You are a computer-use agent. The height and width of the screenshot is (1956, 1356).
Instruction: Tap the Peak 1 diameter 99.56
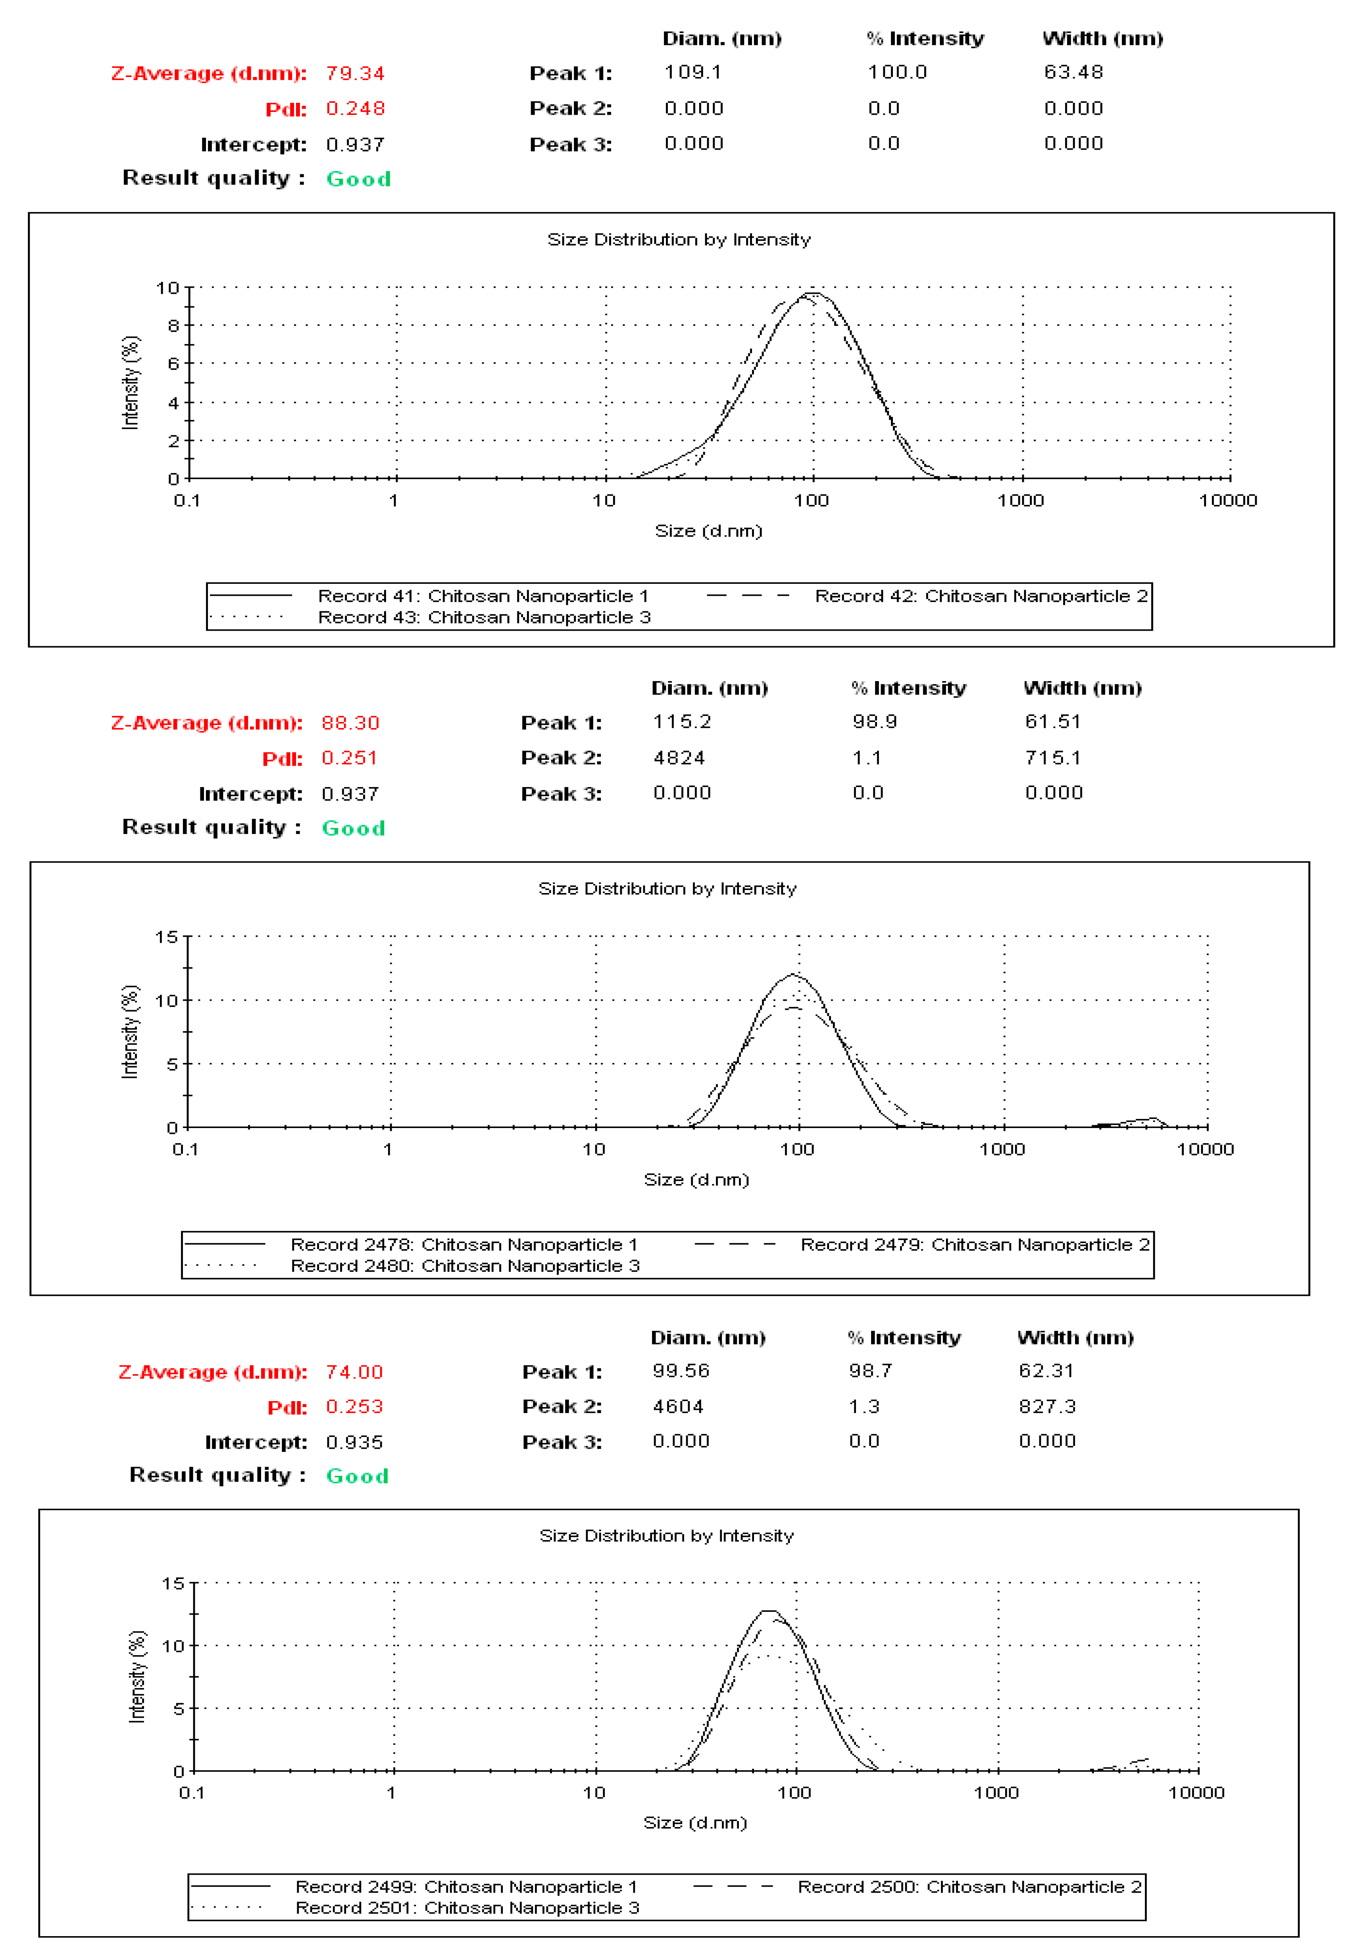click(x=681, y=1371)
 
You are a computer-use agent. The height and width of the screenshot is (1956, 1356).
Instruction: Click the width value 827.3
click(x=1047, y=1406)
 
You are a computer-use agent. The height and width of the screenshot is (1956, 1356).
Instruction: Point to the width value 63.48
click(x=1073, y=72)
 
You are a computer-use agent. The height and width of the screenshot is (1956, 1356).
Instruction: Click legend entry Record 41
click(x=483, y=596)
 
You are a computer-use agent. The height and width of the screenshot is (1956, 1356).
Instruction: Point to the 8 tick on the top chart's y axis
click(x=173, y=325)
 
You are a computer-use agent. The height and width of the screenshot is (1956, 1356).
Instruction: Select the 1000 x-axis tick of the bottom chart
click(x=996, y=1793)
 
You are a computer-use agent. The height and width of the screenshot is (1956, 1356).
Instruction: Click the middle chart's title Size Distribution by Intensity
click(x=667, y=889)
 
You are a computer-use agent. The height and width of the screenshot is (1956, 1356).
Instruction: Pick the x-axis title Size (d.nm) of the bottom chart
click(x=695, y=1823)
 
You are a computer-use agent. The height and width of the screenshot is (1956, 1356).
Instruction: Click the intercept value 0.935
click(x=354, y=1442)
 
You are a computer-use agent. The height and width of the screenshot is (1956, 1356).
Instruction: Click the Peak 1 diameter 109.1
click(x=692, y=72)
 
